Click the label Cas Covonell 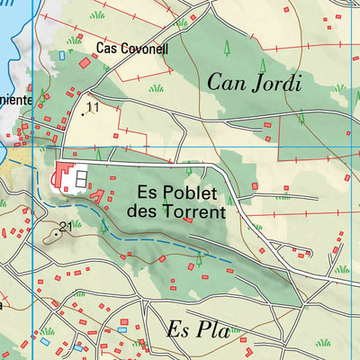132,49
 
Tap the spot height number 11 93,107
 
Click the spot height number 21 65,226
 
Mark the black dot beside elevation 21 57,233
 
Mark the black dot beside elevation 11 84,113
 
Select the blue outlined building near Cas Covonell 62,55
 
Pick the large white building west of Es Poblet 80,176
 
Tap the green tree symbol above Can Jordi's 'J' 263,65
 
